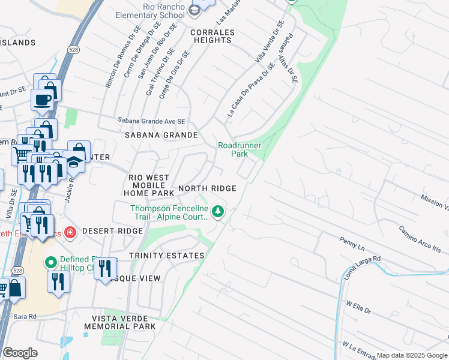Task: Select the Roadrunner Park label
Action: (240, 149)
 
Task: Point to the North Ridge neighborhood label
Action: (206, 188)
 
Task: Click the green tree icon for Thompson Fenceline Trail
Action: (218, 211)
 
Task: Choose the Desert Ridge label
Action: (106, 231)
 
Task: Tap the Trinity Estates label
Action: (166, 256)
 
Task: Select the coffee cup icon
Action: (42, 100)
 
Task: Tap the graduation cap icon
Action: (74, 162)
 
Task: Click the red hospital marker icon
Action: (70, 232)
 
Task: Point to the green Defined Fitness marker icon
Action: (51, 262)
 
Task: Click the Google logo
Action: (21, 353)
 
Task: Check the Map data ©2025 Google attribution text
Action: (411, 355)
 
